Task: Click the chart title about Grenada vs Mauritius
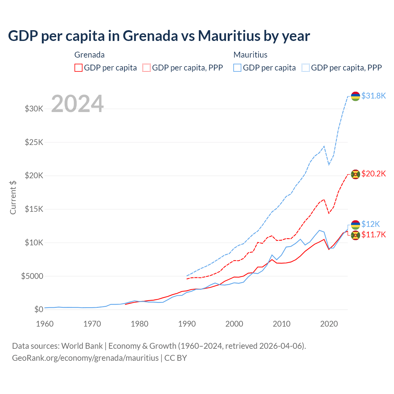pos(159,36)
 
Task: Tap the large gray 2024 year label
pos(77,104)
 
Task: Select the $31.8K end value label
pos(373,96)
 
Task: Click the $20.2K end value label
pos(373,174)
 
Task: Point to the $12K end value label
pos(371,224)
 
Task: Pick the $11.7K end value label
pos(373,235)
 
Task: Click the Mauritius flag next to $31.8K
pos(356,96)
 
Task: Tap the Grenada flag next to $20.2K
pos(356,174)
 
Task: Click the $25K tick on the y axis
pos(34,142)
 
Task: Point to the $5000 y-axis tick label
pos(32,276)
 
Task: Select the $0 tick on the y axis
pos(38,309)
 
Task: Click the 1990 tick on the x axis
pos(187,324)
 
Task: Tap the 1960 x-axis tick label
pos(45,324)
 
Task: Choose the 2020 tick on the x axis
pos(329,324)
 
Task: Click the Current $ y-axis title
pos(13,198)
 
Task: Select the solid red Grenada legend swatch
pos(78,68)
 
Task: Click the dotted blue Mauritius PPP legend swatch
pos(306,68)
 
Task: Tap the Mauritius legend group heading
pos(250,55)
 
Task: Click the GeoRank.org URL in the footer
pos(85,358)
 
